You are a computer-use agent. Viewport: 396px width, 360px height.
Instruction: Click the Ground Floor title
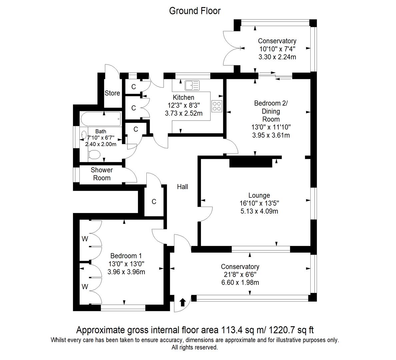coord(195,11)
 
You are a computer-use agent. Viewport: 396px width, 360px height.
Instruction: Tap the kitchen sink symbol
coord(192,85)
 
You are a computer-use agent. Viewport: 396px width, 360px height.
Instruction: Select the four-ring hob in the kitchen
coord(217,106)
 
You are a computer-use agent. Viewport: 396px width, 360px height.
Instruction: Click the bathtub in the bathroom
coord(100,119)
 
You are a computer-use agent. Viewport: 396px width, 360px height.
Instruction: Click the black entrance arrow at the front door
coord(182,302)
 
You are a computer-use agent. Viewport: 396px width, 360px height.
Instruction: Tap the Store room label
coord(112,93)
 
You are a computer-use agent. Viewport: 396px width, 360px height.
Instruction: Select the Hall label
coord(182,187)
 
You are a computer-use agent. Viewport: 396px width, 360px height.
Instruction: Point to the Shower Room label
coord(102,174)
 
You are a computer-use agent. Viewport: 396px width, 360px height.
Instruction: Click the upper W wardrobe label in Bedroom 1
coord(85,239)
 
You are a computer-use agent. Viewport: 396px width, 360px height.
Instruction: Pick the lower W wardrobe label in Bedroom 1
coord(85,287)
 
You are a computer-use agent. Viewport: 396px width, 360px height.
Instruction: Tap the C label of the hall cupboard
coord(154,202)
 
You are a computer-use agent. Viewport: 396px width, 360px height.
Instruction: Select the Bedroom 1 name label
coord(126,256)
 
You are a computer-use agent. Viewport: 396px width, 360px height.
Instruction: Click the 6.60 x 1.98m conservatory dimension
coord(240,283)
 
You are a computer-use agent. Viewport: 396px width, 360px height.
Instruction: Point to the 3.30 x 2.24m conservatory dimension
coord(277,57)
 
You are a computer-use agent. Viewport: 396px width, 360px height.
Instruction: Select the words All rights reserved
coord(195,347)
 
